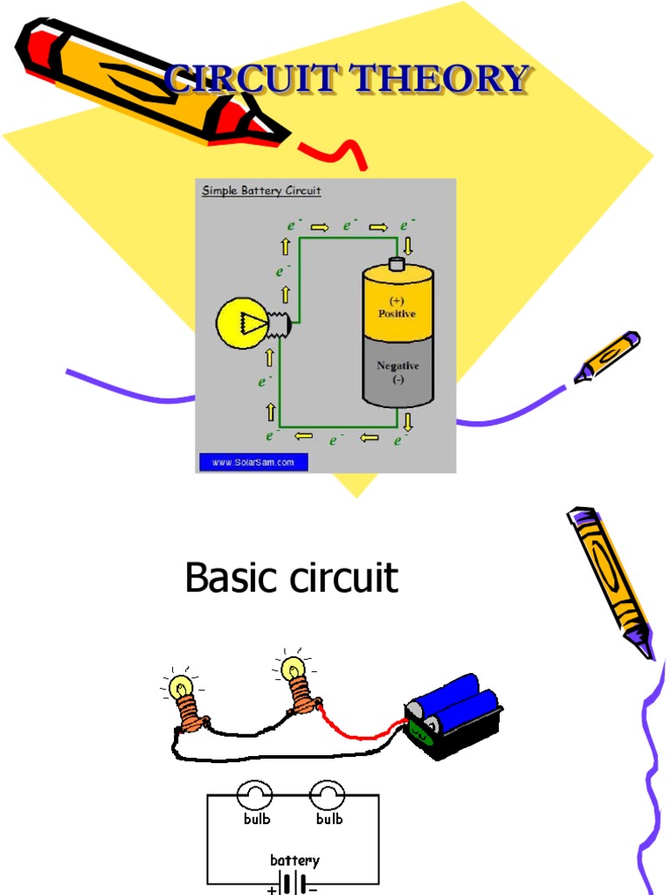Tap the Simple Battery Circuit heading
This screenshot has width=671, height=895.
tap(261, 191)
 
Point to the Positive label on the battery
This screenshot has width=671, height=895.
tap(397, 313)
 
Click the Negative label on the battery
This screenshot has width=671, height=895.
tap(398, 366)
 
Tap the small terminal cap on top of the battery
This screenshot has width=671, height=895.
tap(398, 264)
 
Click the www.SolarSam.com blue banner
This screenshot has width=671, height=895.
tap(253, 461)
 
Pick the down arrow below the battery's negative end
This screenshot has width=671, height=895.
tap(408, 422)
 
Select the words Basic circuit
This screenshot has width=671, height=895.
tap(291, 579)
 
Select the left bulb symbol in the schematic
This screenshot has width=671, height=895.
tap(255, 794)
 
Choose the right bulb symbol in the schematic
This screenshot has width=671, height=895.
tap(329, 794)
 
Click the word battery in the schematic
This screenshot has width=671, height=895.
tap(294, 860)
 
